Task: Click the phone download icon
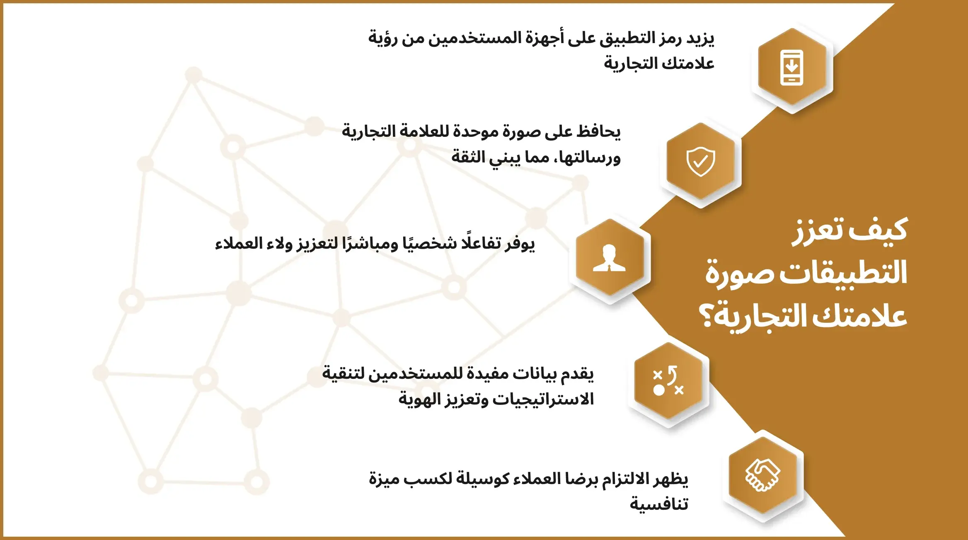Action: coord(791,68)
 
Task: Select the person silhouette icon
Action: coord(609,258)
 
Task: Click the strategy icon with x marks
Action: coord(668,380)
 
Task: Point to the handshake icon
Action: coord(762,475)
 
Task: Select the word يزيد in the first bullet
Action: coord(700,38)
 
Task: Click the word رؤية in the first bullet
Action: coord(383,38)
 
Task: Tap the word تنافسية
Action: coord(659,504)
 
